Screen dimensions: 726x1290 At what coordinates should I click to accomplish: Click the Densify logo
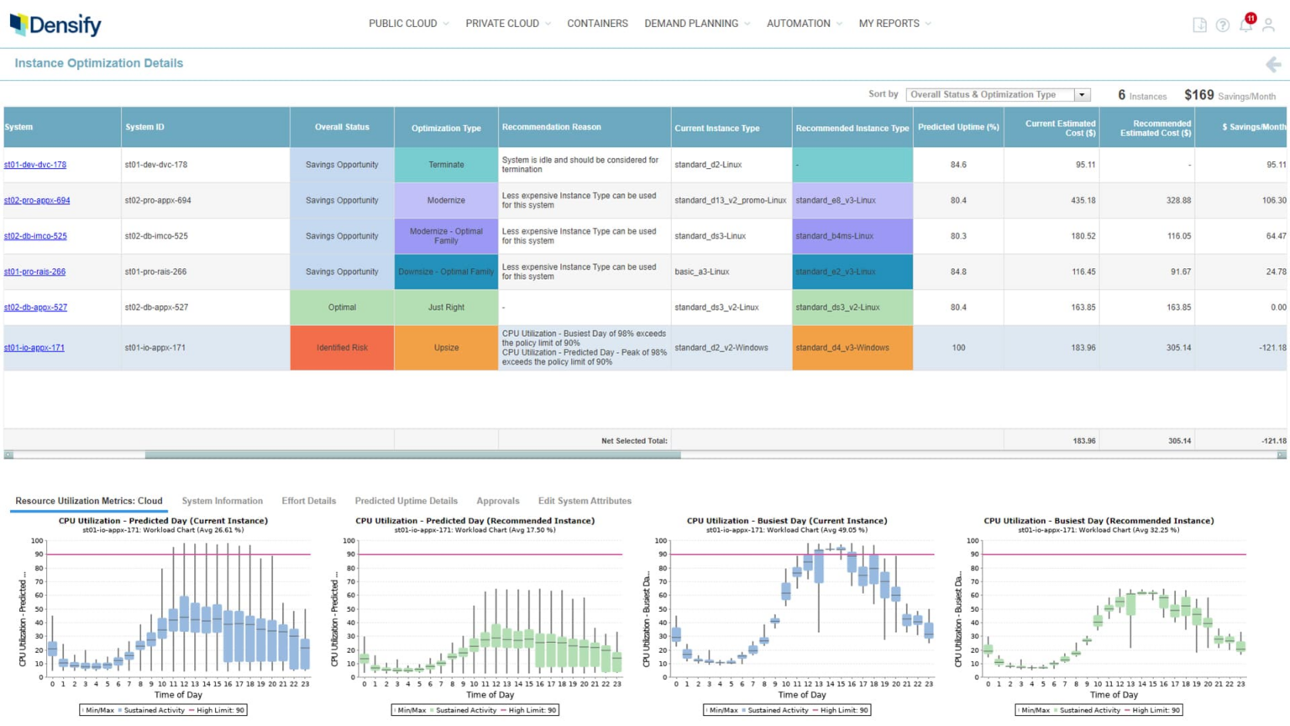(55, 24)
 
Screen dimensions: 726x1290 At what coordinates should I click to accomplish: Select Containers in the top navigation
(597, 24)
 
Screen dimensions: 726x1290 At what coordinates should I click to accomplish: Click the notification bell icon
(1245, 25)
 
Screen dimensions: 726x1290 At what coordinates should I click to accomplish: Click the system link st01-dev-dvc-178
(35, 165)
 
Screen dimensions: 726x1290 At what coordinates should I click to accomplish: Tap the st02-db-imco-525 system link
(35, 236)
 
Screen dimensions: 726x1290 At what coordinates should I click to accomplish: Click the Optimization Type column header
(446, 128)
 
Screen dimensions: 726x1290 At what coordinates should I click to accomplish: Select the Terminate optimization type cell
(446, 165)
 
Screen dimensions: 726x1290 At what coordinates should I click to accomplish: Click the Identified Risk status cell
(342, 348)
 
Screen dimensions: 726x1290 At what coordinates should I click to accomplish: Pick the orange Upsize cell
(446, 348)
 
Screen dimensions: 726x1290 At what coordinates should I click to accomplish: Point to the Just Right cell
(446, 308)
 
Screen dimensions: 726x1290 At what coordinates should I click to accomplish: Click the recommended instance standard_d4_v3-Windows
(842, 348)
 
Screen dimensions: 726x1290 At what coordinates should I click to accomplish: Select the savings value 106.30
(1273, 201)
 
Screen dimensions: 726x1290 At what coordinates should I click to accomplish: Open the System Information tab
(222, 501)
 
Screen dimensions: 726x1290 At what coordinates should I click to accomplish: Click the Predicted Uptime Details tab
(406, 501)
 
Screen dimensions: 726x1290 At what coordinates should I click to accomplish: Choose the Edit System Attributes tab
(585, 501)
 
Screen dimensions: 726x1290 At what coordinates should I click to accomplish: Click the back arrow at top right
(1273, 65)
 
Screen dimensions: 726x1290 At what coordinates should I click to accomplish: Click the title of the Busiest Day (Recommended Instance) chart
(1099, 521)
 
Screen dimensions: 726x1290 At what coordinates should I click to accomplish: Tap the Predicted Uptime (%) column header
(958, 128)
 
